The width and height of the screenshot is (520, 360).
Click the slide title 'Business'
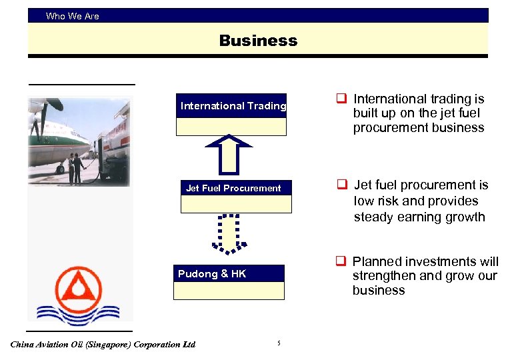pyautogui.click(x=258, y=41)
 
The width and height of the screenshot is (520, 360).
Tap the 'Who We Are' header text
pyautogui.click(x=72, y=16)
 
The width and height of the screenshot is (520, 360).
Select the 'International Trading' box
pyautogui.click(x=232, y=114)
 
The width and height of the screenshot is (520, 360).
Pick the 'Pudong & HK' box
pyautogui.click(x=230, y=281)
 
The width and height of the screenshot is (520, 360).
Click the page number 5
pyautogui.click(x=279, y=343)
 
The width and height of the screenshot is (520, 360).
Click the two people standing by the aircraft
pyautogui.click(x=76, y=167)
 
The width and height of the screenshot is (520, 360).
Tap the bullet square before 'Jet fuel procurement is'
pyautogui.click(x=341, y=185)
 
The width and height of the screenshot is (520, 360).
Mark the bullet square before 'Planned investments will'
pyautogui.click(x=340, y=261)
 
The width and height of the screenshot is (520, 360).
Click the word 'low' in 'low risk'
pyautogui.click(x=364, y=201)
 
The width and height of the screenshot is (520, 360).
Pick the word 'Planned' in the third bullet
pyautogui.click(x=376, y=261)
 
